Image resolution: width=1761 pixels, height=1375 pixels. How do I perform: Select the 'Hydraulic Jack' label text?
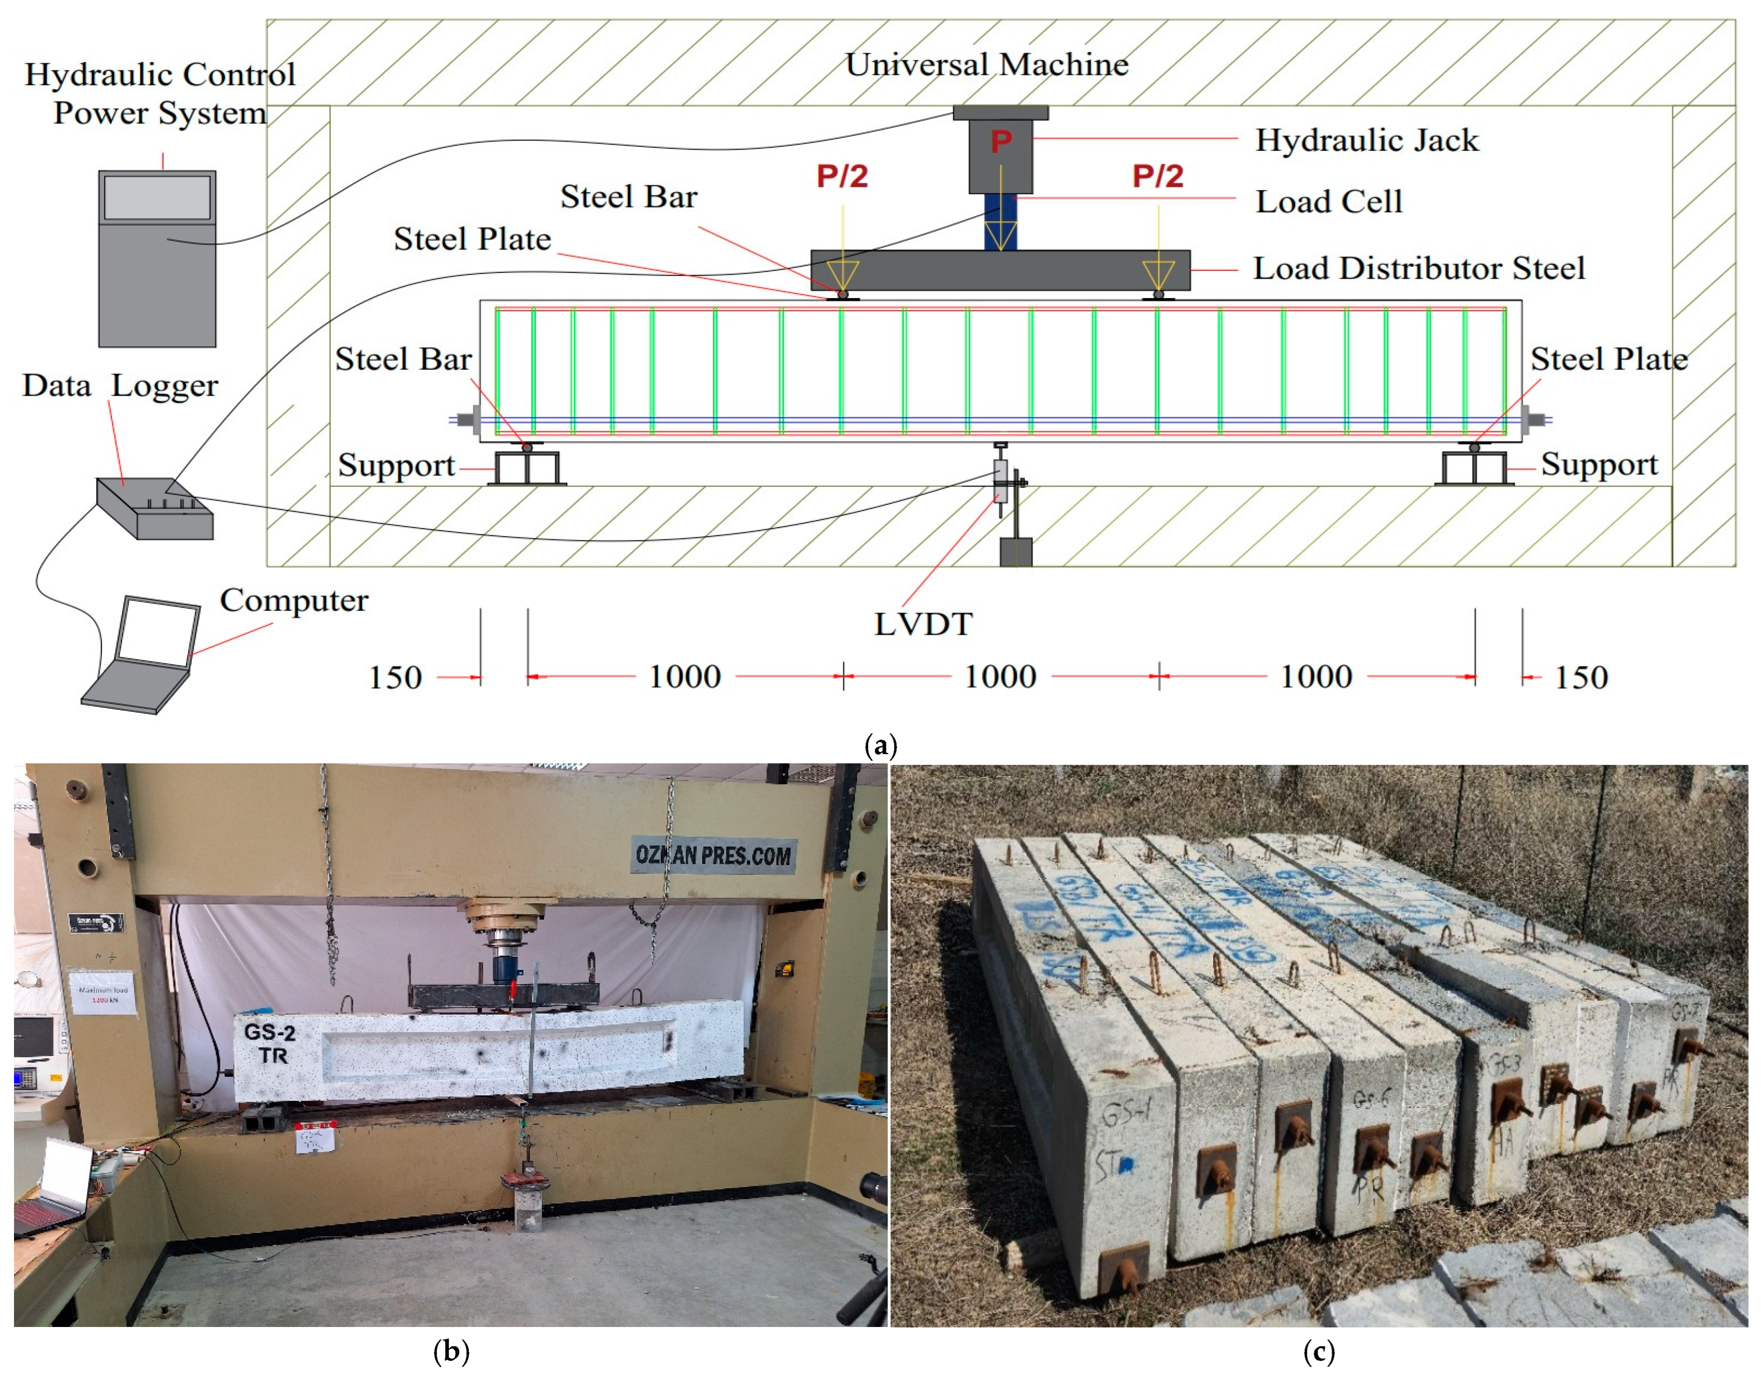1366,140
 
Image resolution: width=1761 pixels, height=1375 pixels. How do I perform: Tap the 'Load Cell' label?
1329,201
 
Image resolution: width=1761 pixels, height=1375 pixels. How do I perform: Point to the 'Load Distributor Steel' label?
1418,268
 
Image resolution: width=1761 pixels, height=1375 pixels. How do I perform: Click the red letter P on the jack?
1000,142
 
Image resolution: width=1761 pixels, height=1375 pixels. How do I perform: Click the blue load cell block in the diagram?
1000,222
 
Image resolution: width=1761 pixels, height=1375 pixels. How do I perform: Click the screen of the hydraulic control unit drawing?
157,197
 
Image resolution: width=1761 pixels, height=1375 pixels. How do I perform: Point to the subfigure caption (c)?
1318,1351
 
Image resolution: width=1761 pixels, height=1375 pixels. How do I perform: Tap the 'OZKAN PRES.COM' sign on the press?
713,855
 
